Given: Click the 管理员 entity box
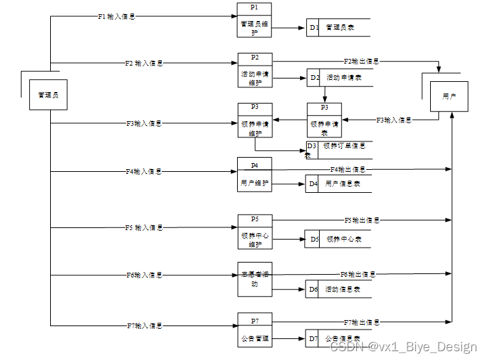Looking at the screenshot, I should pyautogui.click(x=48, y=95).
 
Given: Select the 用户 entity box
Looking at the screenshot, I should pyautogui.click(x=449, y=97).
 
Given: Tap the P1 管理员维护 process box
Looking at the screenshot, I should pyautogui.click(x=255, y=20).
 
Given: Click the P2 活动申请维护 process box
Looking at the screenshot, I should pyautogui.click(x=255, y=71).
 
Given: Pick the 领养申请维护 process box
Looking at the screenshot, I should pyautogui.click(x=255, y=120).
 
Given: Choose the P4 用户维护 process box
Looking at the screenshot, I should pyautogui.click(x=255, y=175).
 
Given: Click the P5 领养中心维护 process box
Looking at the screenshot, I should pyautogui.click(x=255, y=232).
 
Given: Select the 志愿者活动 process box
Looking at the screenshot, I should pyautogui.click(x=255, y=279).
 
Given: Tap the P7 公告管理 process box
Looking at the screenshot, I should pyautogui.click(x=255, y=330).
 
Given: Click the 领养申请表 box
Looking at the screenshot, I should pyautogui.click(x=324, y=120).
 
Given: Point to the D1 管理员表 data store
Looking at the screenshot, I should pyautogui.click(x=339, y=28).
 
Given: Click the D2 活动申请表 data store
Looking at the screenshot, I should pyautogui.click(x=339, y=78).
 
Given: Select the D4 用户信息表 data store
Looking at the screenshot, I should pyautogui.click(x=339, y=183).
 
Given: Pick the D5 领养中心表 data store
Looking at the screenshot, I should pyautogui.click(x=339, y=239).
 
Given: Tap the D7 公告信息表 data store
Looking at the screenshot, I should pyautogui.click(x=339, y=338).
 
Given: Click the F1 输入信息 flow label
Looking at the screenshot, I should pyautogui.click(x=117, y=16).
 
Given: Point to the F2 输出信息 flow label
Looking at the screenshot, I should pyautogui.click(x=361, y=62).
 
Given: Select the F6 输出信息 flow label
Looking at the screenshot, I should pyautogui.click(x=358, y=274).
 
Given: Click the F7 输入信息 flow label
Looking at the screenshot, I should pyautogui.click(x=144, y=325).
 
